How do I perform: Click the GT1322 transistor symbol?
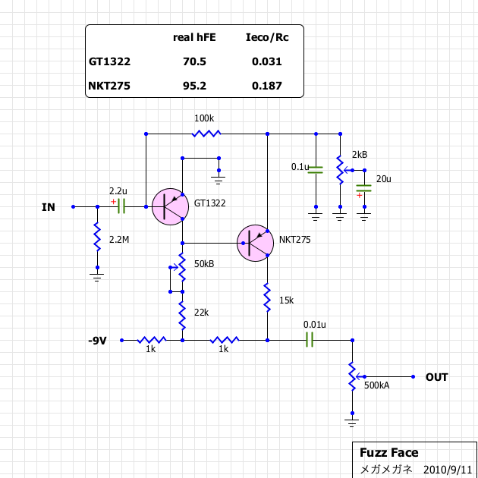(171, 206)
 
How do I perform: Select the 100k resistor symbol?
(206, 134)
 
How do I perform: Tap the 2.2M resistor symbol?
(97, 239)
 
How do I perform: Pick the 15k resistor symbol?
(267, 299)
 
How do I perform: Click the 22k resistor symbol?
(182, 311)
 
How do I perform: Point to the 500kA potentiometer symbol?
(352, 376)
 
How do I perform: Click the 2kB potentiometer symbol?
(340, 170)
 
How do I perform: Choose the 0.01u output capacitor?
(310, 340)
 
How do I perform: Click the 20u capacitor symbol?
(364, 187)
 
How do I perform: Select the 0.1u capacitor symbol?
(316, 169)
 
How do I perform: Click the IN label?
(49, 206)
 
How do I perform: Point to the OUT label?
(436, 377)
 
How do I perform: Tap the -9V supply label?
(97, 341)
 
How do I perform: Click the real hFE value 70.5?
(194, 61)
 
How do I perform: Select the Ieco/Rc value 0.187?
(266, 86)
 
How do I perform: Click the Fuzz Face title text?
(388, 453)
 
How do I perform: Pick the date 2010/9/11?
(448, 469)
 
